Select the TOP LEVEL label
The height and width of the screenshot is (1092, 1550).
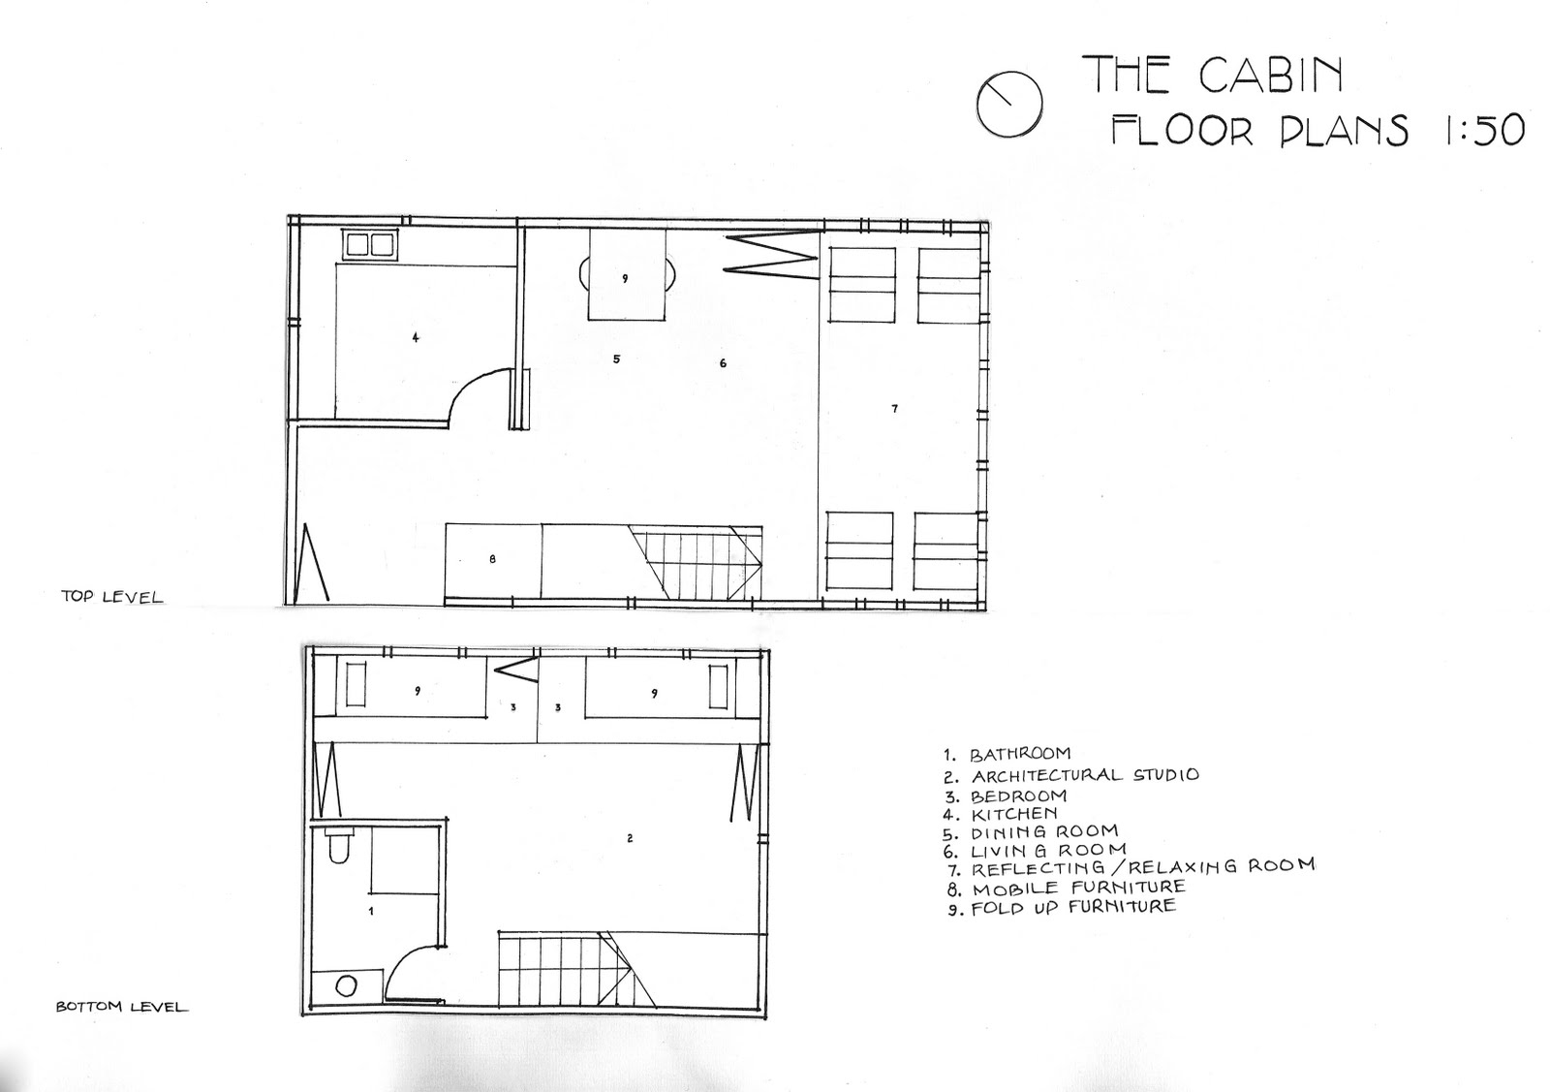click(x=111, y=597)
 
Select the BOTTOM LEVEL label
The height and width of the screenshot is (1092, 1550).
click(x=121, y=1007)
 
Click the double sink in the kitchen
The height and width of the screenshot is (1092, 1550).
click(x=368, y=244)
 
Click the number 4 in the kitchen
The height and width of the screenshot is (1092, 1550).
click(x=416, y=337)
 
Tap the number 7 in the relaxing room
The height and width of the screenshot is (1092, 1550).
click(x=894, y=409)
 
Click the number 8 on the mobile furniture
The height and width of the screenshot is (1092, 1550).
click(x=492, y=558)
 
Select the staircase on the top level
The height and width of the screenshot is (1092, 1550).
click(x=695, y=562)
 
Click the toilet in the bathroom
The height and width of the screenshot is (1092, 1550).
click(x=339, y=846)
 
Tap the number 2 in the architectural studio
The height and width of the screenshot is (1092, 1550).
click(x=630, y=838)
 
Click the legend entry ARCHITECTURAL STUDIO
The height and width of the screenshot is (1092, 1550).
click(x=1084, y=775)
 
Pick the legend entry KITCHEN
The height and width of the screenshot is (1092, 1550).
click(x=1013, y=814)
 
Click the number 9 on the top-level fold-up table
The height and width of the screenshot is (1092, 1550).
click(x=625, y=278)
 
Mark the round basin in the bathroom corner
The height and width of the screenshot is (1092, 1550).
click(x=346, y=986)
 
